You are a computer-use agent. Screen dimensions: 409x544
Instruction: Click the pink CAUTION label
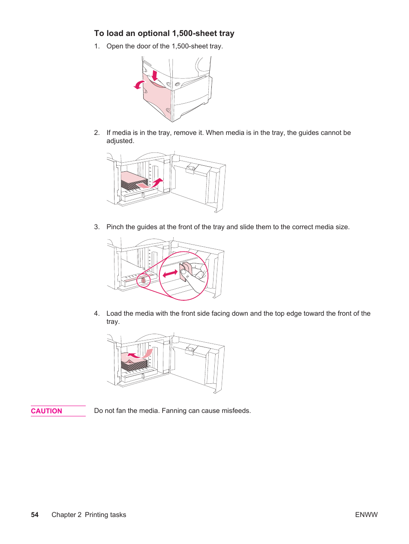point(46,411)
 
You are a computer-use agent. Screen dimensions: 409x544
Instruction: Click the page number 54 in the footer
point(35,514)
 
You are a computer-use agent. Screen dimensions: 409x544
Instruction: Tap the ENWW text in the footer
point(366,514)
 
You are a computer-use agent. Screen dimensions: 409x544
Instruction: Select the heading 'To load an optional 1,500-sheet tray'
point(164,33)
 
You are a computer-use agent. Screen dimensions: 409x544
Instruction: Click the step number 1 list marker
point(96,46)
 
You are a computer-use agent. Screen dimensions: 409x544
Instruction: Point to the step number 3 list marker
point(96,227)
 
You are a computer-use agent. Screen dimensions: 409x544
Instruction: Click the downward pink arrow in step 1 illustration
point(155,76)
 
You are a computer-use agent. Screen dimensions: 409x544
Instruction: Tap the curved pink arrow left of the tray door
point(139,85)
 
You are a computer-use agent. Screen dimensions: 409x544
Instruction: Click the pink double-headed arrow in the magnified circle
point(170,273)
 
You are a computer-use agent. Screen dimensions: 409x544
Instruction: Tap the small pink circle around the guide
point(143,281)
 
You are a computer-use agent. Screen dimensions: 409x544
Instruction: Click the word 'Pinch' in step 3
point(115,227)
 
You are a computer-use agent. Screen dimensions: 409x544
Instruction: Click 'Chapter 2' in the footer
point(66,514)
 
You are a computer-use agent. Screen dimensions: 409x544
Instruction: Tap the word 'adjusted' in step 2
point(120,141)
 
